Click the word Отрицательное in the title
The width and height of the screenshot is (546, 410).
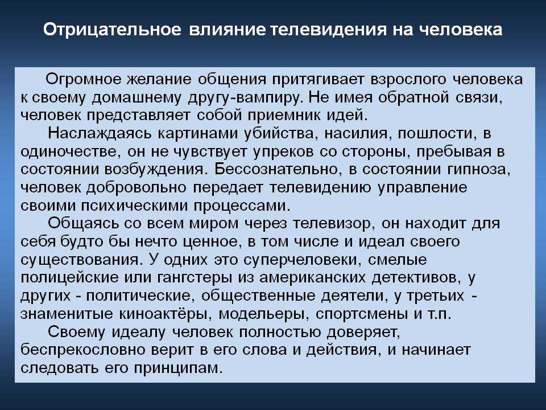(112, 30)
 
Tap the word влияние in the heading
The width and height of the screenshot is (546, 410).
(227, 30)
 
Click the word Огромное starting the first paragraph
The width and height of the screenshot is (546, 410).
(84, 80)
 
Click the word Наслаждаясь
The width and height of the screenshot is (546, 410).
(100, 133)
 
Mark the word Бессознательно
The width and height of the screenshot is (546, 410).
(276, 170)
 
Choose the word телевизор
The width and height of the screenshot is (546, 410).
(334, 224)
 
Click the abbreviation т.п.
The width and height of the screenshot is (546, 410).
(440, 314)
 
